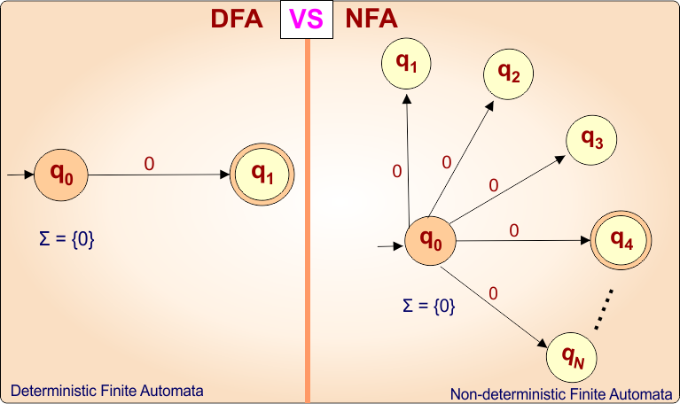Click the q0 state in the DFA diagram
pyautogui.click(x=62, y=175)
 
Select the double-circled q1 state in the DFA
pyautogui.click(x=262, y=175)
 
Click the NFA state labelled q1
pyautogui.click(x=406, y=64)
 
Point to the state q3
pyautogui.click(x=591, y=139)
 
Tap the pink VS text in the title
pyautogui.click(x=306, y=19)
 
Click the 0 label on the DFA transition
pyautogui.click(x=149, y=164)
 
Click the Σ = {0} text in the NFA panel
pyautogui.click(x=428, y=306)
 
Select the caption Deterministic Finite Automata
pyautogui.click(x=106, y=390)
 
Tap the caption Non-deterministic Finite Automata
pyautogui.click(x=561, y=394)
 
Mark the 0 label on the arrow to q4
pyautogui.click(x=514, y=230)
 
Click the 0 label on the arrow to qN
pyautogui.click(x=493, y=293)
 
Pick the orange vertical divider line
pyautogui.click(x=308, y=221)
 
